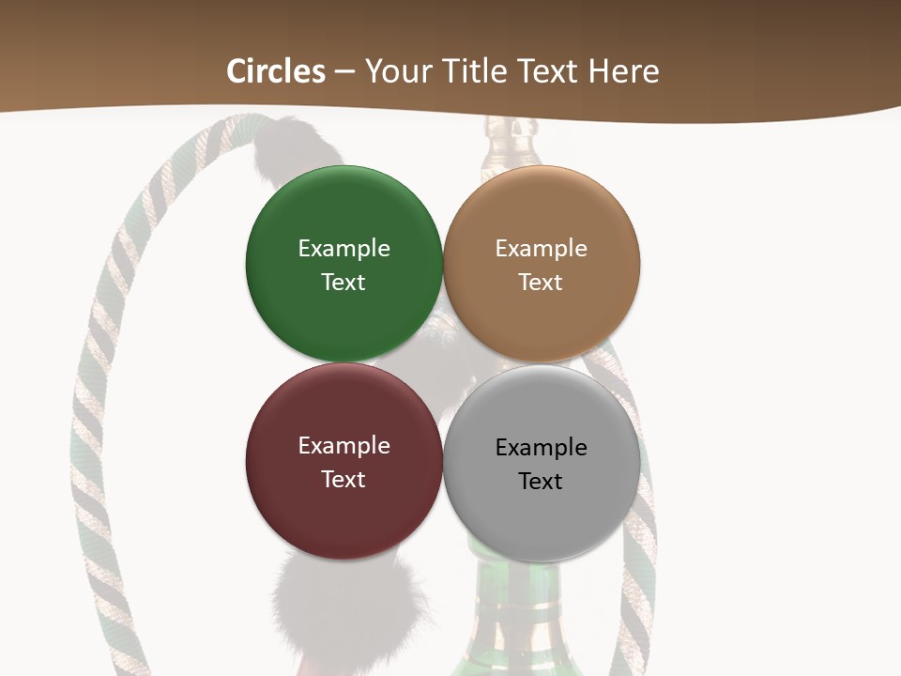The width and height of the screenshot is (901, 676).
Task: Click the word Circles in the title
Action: point(276,71)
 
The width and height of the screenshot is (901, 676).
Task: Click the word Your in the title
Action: point(400,71)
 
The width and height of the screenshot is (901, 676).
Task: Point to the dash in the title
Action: point(344,72)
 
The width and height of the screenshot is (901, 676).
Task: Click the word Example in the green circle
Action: point(344,248)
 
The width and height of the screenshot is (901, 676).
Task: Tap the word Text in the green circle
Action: point(344,282)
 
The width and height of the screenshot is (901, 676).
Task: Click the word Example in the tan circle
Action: point(541,248)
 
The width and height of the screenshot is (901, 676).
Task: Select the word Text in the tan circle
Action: point(541,282)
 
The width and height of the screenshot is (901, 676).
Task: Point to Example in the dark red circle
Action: point(344,445)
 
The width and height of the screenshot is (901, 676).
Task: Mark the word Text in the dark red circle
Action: point(344,479)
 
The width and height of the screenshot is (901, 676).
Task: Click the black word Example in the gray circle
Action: point(541,447)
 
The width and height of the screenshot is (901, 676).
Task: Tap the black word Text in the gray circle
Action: point(541,481)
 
